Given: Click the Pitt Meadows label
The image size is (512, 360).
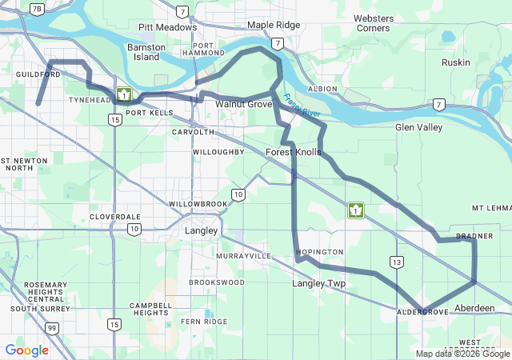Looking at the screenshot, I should (167, 27).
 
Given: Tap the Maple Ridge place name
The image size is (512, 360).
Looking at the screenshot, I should (274, 26).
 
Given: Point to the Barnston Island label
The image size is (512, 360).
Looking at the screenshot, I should (146, 52).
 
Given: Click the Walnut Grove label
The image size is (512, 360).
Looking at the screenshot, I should (243, 105).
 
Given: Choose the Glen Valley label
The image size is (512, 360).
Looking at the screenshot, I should (418, 127).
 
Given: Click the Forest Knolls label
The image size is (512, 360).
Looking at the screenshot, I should (294, 152).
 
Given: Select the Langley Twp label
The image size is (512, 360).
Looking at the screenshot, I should (318, 284).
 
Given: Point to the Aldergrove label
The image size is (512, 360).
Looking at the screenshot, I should (422, 311).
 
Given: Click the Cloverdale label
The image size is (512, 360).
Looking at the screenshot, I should (115, 217).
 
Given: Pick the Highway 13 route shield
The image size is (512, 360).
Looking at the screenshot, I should (397, 262).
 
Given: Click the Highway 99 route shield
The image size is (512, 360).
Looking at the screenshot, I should (51, 328).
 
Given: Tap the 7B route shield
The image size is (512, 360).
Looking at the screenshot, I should (37, 9).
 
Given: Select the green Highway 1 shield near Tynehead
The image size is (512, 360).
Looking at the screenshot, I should (123, 95).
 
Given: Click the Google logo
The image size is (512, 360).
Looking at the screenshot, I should (26, 350).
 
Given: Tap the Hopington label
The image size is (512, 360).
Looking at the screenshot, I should (319, 252).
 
